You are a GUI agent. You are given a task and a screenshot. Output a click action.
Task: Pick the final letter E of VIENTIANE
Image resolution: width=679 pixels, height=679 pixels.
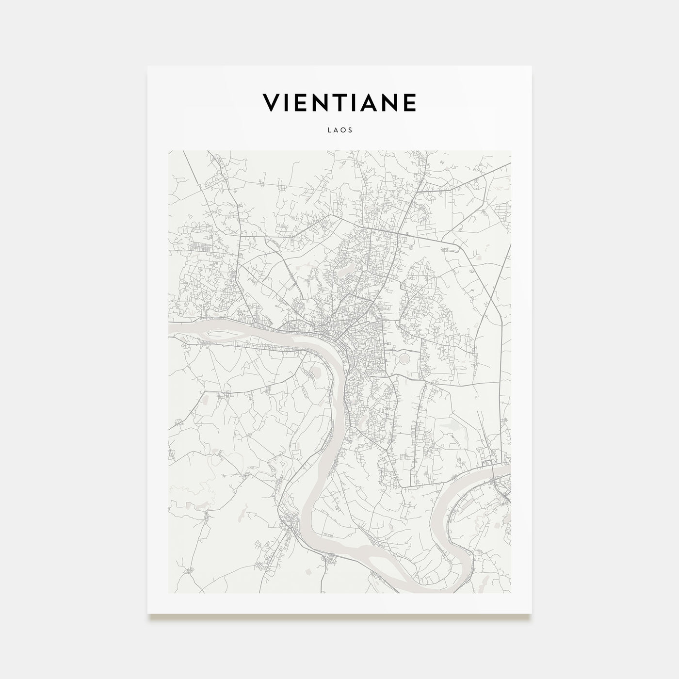tap(410, 102)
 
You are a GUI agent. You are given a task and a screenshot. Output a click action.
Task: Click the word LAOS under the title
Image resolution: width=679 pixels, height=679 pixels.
tap(339, 130)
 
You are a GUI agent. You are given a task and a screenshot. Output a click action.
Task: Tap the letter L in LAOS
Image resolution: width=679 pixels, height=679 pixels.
tap(329, 130)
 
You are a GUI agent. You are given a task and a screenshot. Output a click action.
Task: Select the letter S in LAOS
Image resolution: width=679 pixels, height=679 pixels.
tap(350, 130)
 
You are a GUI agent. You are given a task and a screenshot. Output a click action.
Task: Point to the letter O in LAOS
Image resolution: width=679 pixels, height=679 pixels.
tap(343, 130)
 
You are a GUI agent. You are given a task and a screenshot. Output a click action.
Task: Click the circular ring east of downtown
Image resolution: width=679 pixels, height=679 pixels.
tap(404, 359)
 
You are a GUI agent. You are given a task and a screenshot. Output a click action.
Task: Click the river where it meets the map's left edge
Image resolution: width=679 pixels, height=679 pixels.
tap(171, 330)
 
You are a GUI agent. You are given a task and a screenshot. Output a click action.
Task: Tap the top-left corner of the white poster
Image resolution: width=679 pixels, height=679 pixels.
tap(148, 66)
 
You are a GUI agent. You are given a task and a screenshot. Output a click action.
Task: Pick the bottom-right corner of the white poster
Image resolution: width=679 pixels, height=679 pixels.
tap(532, 614)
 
